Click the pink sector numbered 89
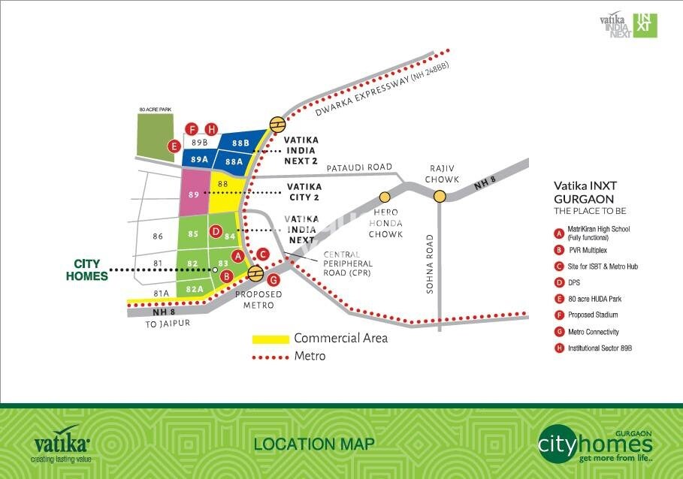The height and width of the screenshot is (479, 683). click(195, 194)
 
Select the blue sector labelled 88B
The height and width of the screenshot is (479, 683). click(240, 143)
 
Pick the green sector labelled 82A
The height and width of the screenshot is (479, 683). click(195, 288)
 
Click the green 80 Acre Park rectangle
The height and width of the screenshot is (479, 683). click(155, 135)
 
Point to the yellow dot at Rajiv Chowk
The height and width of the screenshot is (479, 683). click(440, 197)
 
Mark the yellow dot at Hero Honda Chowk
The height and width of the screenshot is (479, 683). click(385, 197)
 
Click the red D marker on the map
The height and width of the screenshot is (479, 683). click(216, 231)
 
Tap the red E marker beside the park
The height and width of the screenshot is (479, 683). click(174, 146)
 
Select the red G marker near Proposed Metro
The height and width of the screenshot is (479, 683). click(274, 279)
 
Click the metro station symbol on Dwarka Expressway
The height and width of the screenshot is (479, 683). click(277, 125)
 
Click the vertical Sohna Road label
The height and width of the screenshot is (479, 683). click(431, 264)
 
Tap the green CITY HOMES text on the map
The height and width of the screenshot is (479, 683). click(91, 270)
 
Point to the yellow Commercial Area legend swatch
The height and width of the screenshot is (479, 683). click(270, 339)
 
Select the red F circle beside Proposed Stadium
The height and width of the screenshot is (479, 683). click(558, 315)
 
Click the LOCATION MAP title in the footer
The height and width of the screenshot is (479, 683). click(313, 444)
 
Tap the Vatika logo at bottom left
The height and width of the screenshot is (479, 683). click(62, 444)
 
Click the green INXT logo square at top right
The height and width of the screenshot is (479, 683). click(645, 25)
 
